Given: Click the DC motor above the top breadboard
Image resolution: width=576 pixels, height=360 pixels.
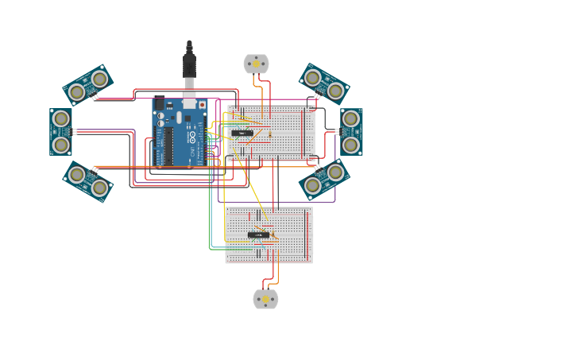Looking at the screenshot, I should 256,64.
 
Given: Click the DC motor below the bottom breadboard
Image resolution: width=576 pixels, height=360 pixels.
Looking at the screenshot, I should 265,299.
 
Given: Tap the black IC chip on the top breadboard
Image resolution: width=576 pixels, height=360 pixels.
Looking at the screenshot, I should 242,133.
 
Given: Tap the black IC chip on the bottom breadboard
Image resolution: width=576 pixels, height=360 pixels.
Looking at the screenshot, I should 257,234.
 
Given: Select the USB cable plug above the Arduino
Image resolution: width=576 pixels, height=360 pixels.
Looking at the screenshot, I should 189,67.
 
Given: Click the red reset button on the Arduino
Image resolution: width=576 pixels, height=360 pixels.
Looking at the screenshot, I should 202,105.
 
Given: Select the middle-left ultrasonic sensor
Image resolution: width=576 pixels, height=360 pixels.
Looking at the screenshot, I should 61,132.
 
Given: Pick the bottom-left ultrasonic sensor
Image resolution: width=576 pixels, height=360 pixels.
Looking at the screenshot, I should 88,181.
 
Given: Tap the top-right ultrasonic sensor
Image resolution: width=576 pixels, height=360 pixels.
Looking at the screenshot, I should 324,84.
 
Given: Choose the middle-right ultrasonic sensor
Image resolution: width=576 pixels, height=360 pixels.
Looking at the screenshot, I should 351,132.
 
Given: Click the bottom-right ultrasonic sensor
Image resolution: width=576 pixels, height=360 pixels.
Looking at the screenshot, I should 324,179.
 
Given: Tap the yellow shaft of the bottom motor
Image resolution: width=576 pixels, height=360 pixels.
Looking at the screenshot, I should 265,300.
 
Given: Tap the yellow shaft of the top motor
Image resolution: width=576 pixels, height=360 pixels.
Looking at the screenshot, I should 256,64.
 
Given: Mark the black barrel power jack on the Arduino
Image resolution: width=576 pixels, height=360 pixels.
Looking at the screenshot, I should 159,103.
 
